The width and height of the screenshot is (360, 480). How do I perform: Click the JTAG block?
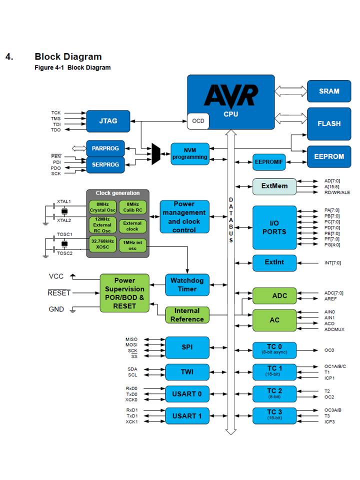point(108,120)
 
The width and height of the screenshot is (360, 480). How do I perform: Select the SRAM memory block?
point(329,91)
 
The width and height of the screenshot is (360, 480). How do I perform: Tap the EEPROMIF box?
point(269,162)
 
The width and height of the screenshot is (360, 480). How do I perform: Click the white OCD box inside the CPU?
point(198,121)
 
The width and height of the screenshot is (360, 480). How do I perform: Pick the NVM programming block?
point(189,153)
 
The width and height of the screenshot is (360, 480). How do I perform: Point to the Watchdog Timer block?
point(187,285)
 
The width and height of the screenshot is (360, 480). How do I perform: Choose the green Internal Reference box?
point(187,315)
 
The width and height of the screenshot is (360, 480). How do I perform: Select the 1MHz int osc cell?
point(132,245)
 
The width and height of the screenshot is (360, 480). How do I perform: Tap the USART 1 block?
point(187,416)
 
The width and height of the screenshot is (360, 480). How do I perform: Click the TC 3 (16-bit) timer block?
point(274,415)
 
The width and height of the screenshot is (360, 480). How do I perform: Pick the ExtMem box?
point(274,186)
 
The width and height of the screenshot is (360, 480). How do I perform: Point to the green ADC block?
point(274,296)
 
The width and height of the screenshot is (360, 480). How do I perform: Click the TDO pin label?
point(55,130)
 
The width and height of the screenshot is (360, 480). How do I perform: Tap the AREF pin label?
point(330,299)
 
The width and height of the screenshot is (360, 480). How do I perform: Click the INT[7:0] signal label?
point(332,262)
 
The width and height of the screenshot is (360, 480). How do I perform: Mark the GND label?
point(56,309)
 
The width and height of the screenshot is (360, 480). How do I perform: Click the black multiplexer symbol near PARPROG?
point(156,153)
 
